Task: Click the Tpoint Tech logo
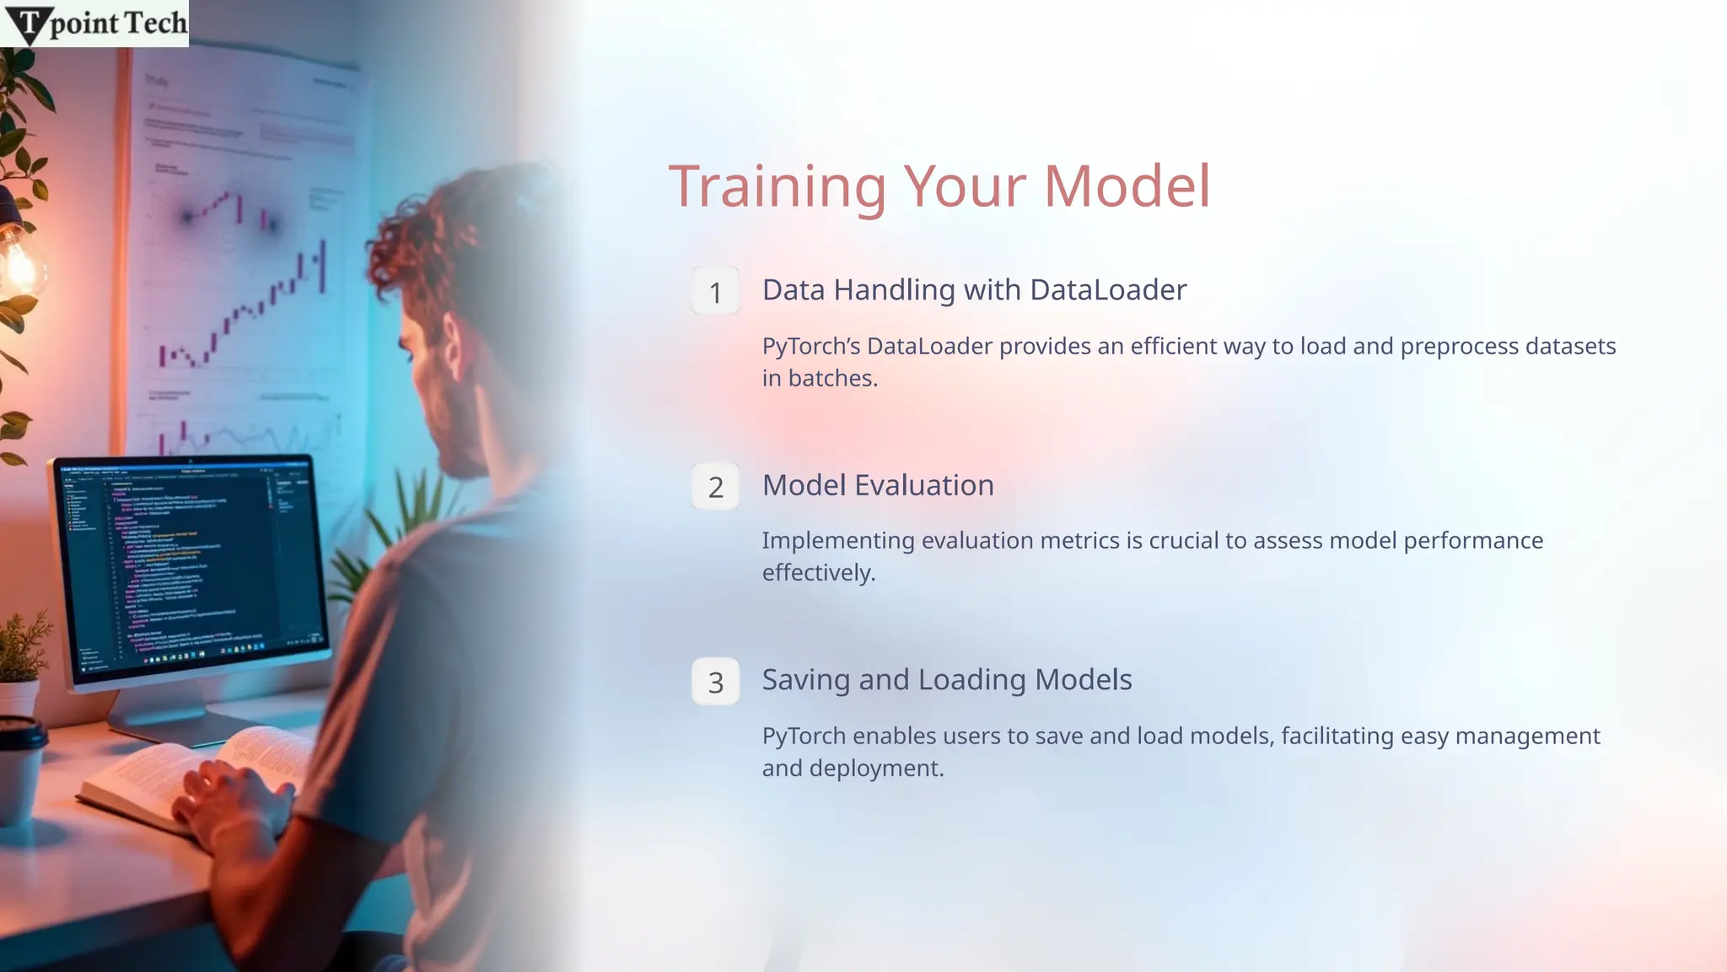(x=94, y=23)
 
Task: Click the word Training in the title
(x=777, y=187)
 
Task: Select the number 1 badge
(x=715, y=292)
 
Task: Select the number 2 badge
(x=715, y=487)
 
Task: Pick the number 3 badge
(x=715, y=682)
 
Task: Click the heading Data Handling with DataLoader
(x=974, y=290)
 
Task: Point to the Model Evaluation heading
(x=878, y=485)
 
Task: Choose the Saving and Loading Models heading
(x=947, y=680)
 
